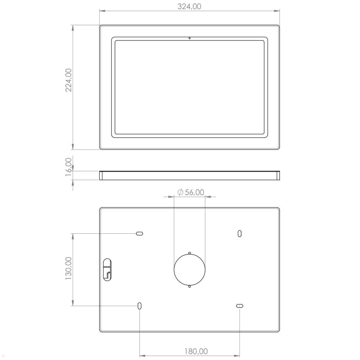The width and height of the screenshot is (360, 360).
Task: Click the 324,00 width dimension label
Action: pyautogui.click(x=189, y=6)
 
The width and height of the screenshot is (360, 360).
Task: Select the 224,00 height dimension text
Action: pyautogui.click(x=69, y=80)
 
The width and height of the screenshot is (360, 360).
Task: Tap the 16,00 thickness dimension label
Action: pyautogui.click(x=69, y=167)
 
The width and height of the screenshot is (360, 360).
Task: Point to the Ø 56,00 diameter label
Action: pyautogui.click(x=191, y=192)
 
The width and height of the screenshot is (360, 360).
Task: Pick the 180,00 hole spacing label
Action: pyautogui.click(x=192, y=351)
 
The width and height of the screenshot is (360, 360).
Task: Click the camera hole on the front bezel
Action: pyautogui.click(x=190, y=38)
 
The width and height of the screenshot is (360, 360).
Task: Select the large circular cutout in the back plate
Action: pyautogui.click(x=190, y=269)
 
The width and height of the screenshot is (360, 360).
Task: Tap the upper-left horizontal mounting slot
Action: pyautogui.click(x=139, y=233)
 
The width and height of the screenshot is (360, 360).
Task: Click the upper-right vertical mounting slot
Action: pyautogui.click(x=239, y=233)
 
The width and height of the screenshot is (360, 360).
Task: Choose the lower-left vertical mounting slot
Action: pyautogui.click(x=139, y=306)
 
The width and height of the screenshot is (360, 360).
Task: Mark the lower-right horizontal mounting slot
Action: pyautogui.click(x=239, y=306)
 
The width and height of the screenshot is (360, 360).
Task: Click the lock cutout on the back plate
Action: pyautogui.click(x=107, y=269)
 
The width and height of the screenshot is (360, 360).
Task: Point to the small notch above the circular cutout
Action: pyautogui.click(x=190, y=253)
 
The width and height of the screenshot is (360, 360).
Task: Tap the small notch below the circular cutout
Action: pyautogui.click(x=190, y=286)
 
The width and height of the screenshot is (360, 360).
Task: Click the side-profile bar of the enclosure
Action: pyautogui.click(x=190, y=175)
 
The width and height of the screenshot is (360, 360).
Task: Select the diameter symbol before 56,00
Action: pyautogui.click(x=180, y=193)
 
